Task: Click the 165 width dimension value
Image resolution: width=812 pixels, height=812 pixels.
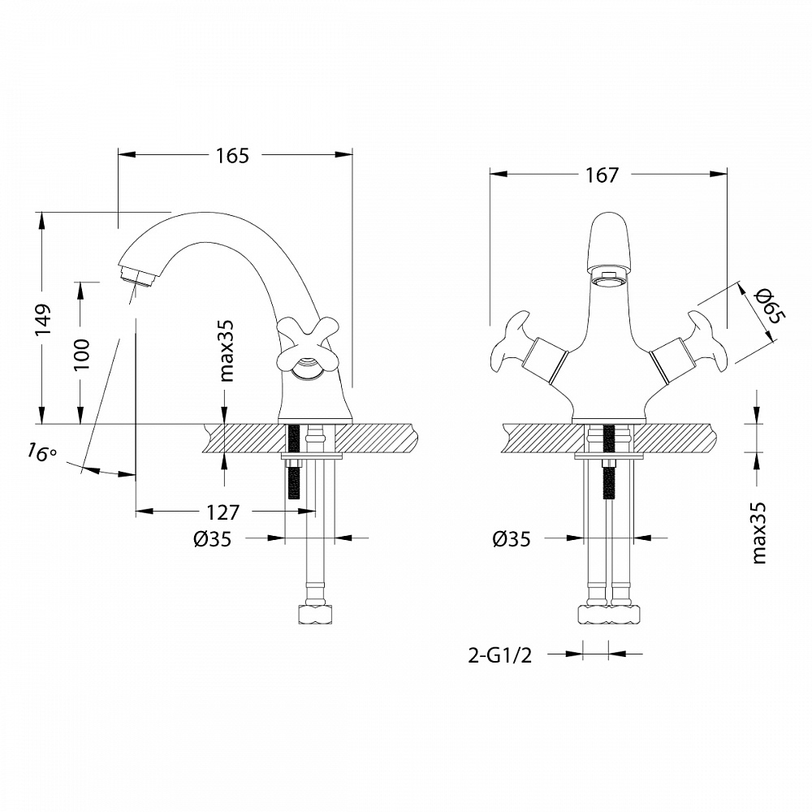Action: pos(232,156)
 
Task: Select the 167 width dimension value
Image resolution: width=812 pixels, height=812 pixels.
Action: pos(601,175)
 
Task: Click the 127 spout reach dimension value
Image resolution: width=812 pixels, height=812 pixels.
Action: pos(223,512)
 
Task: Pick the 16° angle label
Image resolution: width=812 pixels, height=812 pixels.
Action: pos(41,451)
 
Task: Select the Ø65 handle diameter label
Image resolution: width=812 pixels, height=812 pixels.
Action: pos(767,307)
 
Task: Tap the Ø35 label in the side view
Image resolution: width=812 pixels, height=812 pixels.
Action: pos(213,538)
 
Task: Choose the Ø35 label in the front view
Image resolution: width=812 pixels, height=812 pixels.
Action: pos(512,538)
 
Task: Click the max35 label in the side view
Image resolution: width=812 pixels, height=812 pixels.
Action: pos(227,349)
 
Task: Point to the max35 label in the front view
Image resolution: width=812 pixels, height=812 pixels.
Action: pos(760,532)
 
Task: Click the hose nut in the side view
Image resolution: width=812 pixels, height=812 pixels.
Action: pos(315,612)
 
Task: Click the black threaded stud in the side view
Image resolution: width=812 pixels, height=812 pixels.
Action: pos(295,463)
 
